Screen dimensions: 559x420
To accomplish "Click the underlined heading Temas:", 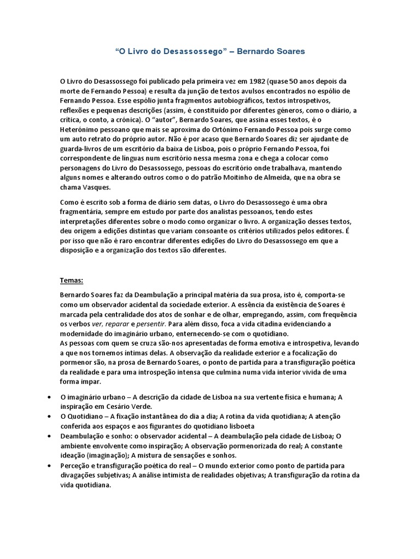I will coord(71,281).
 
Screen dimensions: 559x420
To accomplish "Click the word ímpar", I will coord(82,382).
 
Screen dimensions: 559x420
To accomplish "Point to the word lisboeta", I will coord(240,426).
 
